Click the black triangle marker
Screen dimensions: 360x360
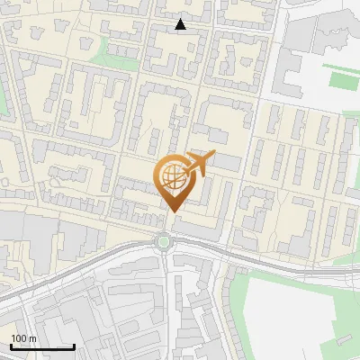click(181, 24)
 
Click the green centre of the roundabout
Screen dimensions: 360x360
click(163, 240)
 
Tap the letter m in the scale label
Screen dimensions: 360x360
click(33, 339)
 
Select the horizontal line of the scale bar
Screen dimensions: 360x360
click(42, 346)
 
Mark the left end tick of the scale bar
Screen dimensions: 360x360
click(11, 345)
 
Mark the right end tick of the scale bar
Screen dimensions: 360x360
click(75, 345)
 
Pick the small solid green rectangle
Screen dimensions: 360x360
click(343, 79)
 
